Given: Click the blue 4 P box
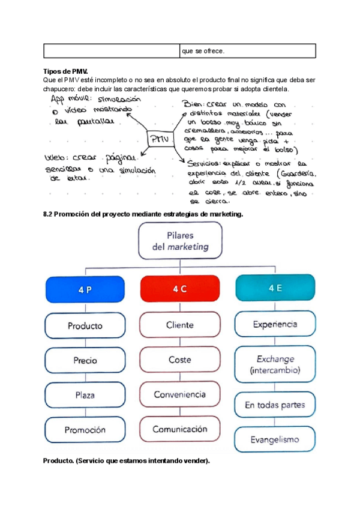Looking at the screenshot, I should click(85, 289).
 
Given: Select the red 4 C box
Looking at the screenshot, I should click(180, 289).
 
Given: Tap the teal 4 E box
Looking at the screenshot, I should click(275, 288).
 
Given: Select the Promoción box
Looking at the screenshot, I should click(85, 429).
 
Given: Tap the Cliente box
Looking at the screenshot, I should click(180, 325).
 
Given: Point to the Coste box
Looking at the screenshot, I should click(180, 360).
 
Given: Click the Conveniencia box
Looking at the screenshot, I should click(180, 394).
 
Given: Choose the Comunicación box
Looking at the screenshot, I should click(180, 429).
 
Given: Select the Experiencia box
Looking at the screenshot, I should click(275, 324).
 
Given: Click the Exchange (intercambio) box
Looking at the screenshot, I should click(275, 365).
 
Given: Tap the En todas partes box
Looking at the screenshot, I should click(275, 405).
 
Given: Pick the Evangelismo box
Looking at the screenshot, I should click(275, 439).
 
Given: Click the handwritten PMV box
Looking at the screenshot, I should click(159, 139).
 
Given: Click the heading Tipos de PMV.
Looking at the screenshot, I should click(66, 71).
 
